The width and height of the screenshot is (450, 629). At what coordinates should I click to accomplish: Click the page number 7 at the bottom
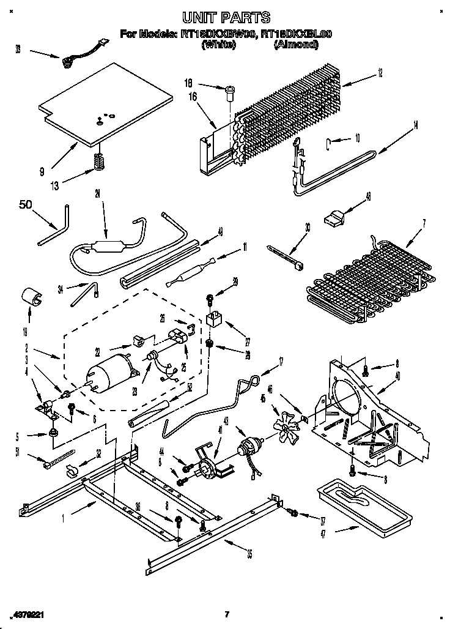(226, 614)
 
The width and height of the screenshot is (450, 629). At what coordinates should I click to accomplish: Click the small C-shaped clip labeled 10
(329, 144)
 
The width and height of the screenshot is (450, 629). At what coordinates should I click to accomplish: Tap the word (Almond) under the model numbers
(297, 45)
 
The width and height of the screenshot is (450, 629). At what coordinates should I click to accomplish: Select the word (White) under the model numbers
(218, 45)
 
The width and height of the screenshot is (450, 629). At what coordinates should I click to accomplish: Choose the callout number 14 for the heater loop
(416, 126)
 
